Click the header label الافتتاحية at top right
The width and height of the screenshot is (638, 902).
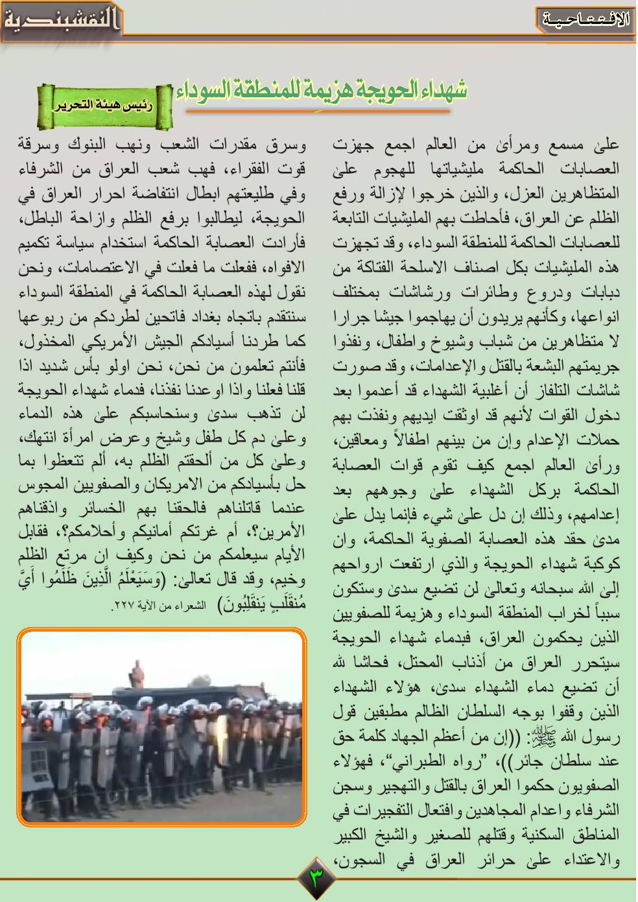coord(585,19)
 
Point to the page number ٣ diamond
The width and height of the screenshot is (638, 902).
coord(318,878)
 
